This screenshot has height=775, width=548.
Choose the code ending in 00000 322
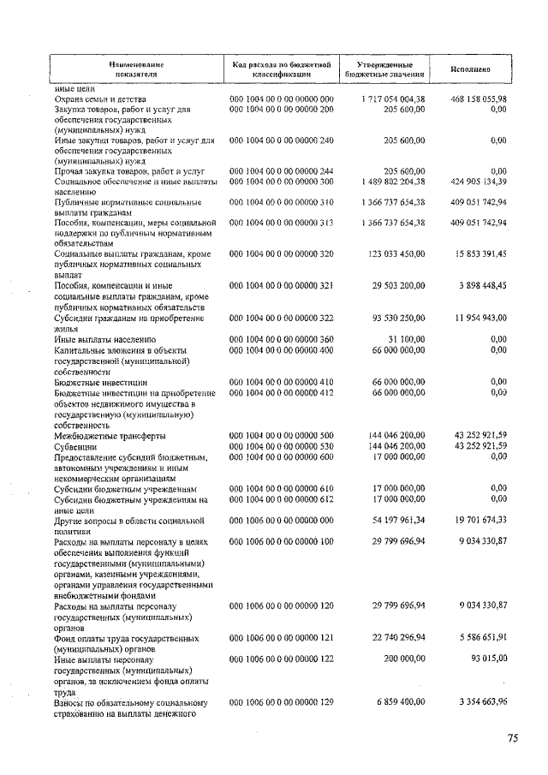click(x=282, y=319)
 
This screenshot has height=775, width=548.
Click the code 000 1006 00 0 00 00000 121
click(x=282, y=638)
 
